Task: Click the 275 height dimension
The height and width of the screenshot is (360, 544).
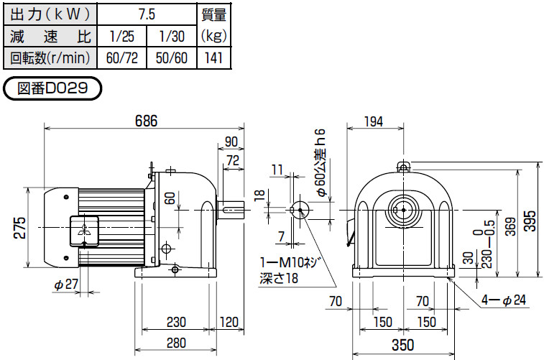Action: (19, 226)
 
